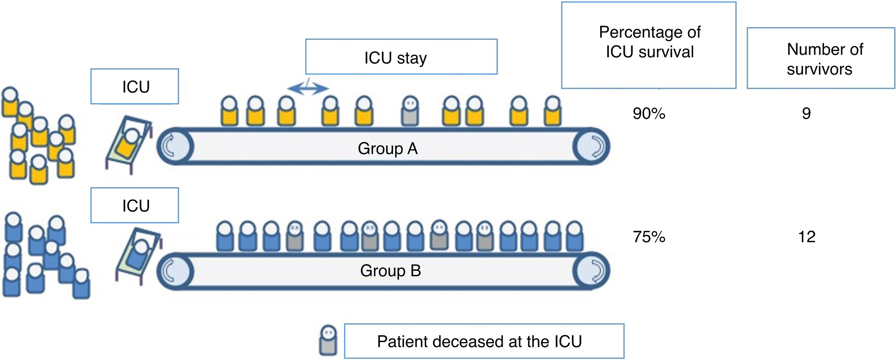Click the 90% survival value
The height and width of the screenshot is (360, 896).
(x=649, y=113)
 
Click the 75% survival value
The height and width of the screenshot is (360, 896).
(x=649, y=237)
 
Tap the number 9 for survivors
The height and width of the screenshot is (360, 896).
(x=806, y=113)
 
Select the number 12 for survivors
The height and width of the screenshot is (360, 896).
(x=807, y=237)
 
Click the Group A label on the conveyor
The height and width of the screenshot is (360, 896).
(x=387, y=148)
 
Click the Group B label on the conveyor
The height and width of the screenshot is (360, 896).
(x=390, y=271)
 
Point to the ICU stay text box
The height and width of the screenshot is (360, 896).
(x=401, y=57)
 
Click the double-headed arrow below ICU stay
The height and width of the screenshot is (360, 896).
(x=308, y=88)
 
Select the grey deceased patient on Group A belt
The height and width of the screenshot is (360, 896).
(x=410, y=111)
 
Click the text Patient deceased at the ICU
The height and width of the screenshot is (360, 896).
(x=479, y=341)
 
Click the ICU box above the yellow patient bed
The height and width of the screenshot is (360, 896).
(x=135, y=86)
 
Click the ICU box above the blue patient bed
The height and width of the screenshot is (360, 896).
(x=135, y=205)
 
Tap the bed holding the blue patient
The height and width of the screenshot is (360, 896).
(x=138, y=256)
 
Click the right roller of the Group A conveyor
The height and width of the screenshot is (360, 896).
(x=591, y=146)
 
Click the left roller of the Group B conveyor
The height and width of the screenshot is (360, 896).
(x=175, y=271)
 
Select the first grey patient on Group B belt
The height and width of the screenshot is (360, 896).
(x=294, y=237)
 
